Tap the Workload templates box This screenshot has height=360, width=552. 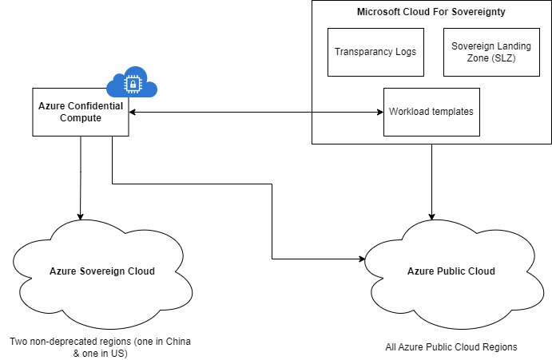pos(431,111)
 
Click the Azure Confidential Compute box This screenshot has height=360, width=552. pos(81,112)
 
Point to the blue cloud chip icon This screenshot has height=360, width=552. pos(125,81)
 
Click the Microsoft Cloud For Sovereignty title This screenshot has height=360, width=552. pos(431,13)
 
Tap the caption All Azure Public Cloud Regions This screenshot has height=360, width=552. pos(450,347)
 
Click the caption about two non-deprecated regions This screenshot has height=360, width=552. pos(101,348)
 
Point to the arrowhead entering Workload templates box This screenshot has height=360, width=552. pos(380,112)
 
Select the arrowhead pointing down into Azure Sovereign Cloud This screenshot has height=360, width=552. pos(80,215)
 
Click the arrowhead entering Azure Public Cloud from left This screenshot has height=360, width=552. pos(362,259)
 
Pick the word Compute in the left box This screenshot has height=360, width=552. pos(81,119)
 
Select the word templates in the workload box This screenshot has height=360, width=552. pos(451,111)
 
